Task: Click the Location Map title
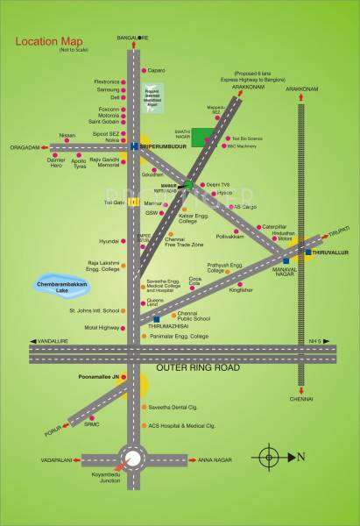51,41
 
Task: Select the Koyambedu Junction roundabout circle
133,458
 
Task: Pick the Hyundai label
109,240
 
